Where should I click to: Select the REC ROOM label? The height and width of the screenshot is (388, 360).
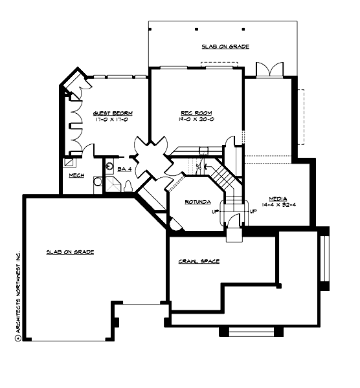click(x=193, y=113)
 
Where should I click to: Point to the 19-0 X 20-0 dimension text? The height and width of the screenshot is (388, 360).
click(x=193, y=119)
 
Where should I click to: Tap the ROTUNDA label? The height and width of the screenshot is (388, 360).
click(x=197, y=202)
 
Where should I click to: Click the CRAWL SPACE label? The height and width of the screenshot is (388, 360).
click(x=199, y=261)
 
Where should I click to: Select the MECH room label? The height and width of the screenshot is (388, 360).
click(x=76, y=175)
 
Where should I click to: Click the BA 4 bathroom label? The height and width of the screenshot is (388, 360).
click(x=124, y=169)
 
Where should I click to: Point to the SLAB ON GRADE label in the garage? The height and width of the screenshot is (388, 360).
click(x=70, y=252)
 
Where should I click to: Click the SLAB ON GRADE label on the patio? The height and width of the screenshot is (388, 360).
click(x=225, y=47)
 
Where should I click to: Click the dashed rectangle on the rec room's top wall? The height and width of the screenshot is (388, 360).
click(x=219, y=64)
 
